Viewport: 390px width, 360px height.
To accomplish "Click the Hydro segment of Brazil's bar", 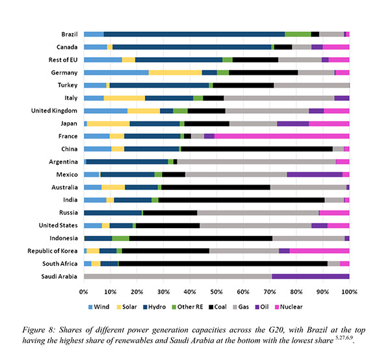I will point(194,34).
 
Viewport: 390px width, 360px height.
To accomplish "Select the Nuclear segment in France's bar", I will point(281,136).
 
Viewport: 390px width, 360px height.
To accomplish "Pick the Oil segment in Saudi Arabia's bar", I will point(310,276).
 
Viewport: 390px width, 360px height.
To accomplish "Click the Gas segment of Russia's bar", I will point(257,212).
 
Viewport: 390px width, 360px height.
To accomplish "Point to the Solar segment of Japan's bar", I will point(108,123).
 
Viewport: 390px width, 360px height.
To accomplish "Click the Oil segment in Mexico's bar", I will point(314,174).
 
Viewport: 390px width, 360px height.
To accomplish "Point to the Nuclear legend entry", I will point(291,306).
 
